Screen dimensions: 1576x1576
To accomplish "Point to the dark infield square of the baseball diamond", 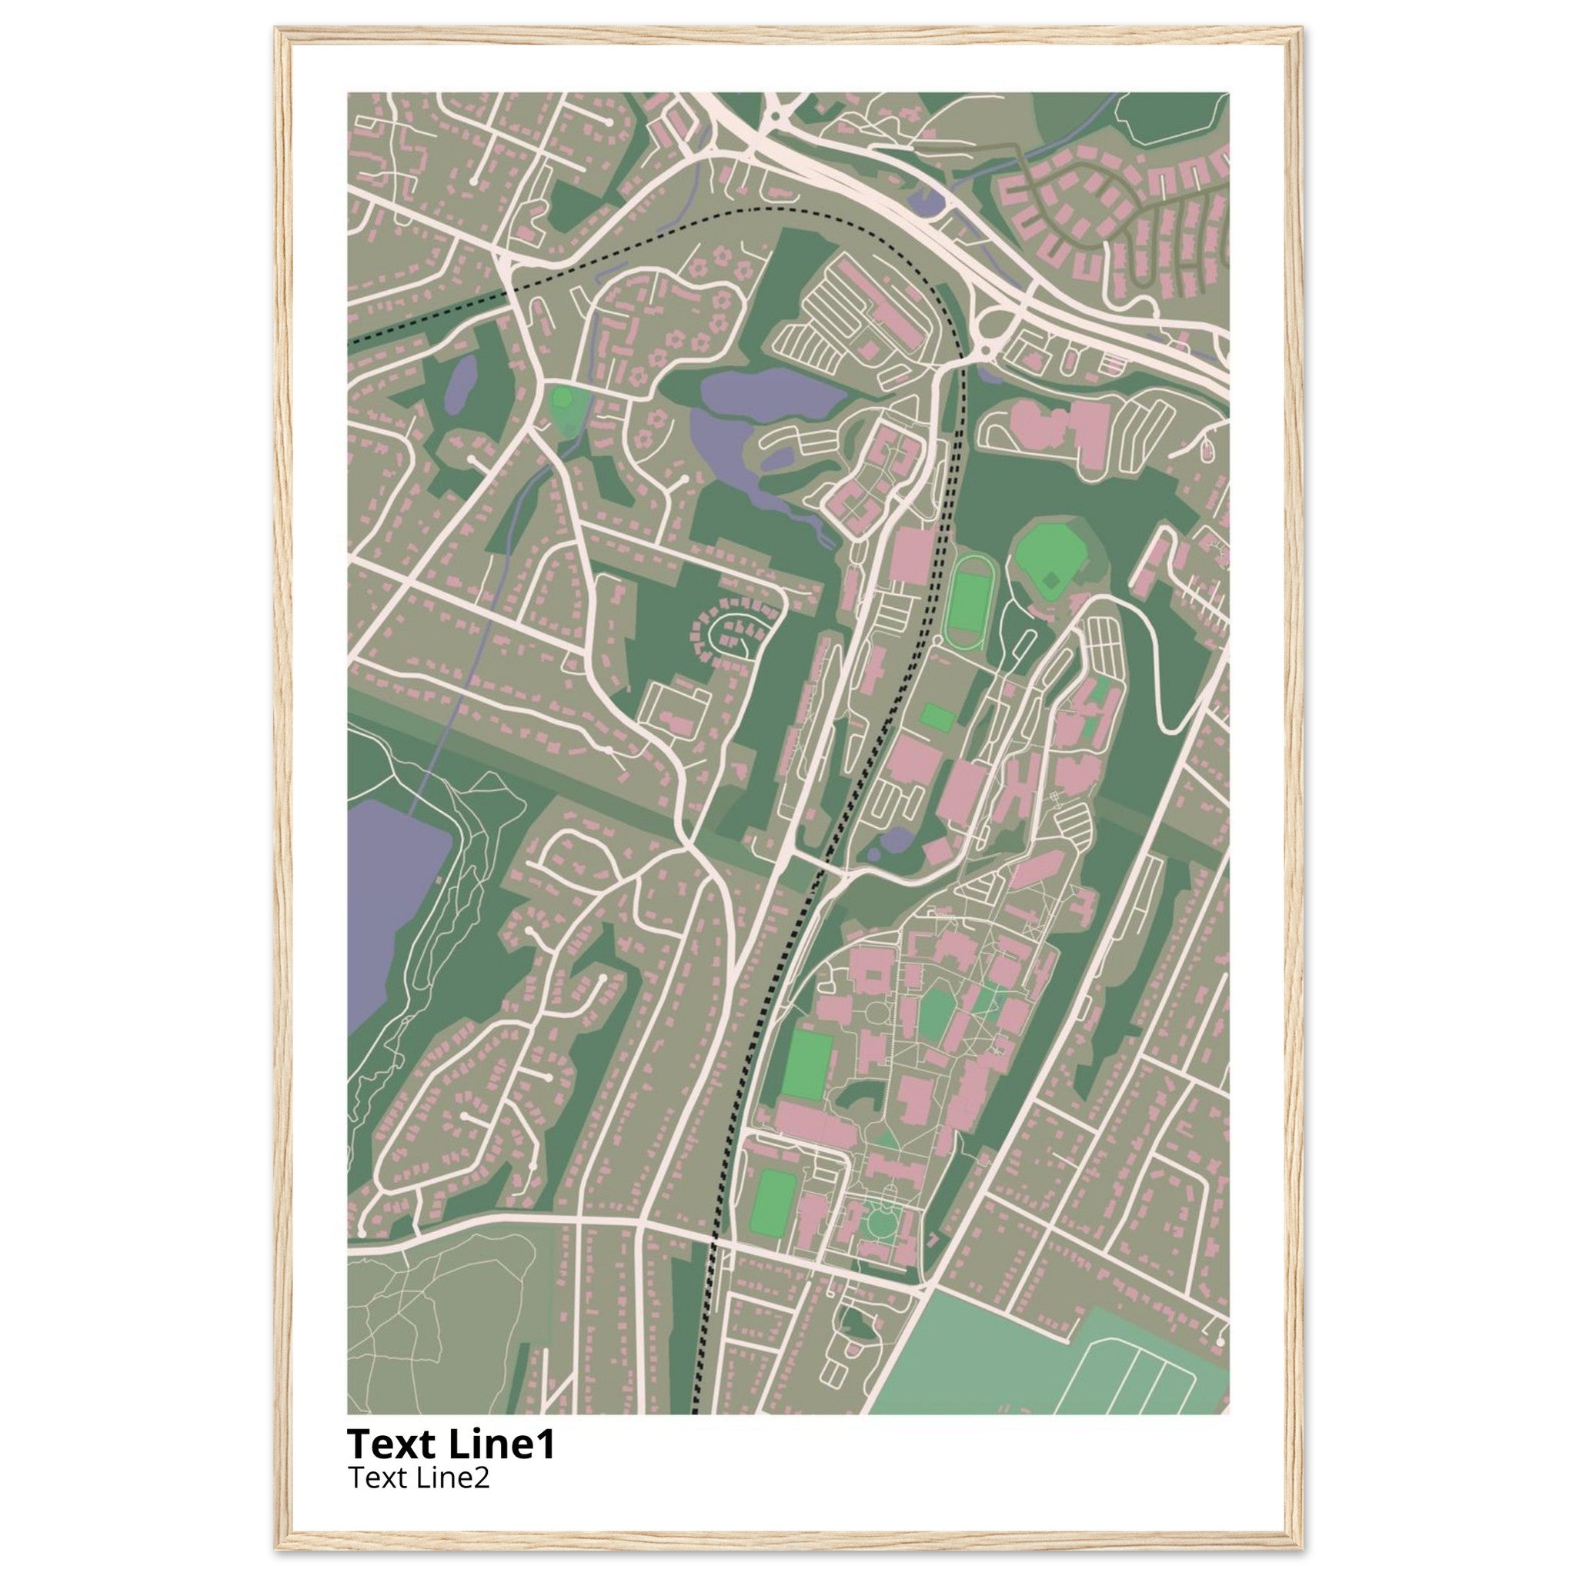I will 1052,580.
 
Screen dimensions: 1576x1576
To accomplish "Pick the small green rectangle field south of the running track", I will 937,717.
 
